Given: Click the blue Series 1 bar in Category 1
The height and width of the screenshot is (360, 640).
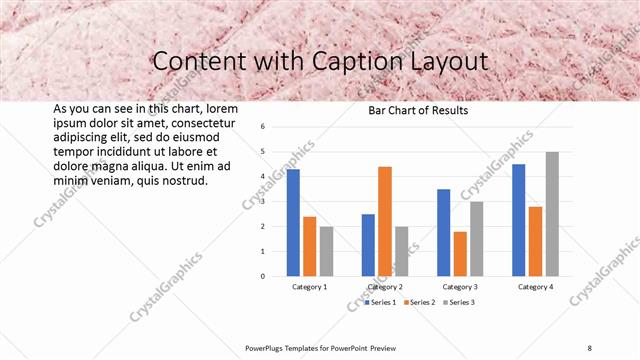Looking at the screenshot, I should [293, 222].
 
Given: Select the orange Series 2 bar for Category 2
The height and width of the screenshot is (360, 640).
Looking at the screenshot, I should [385, 221].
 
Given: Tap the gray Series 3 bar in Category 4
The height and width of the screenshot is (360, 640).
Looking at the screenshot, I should [552, 214].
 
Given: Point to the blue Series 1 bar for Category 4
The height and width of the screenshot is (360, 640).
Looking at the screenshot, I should [518, 220].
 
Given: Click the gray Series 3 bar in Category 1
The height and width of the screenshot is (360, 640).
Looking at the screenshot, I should [326, 251].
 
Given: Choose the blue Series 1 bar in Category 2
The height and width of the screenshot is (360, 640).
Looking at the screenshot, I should [368, 245].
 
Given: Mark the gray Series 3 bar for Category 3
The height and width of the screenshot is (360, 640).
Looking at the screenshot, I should [477, 238].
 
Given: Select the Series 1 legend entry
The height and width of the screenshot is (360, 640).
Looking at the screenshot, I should [380, 302].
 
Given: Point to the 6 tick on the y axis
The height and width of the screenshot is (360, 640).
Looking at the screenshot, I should [262, 127].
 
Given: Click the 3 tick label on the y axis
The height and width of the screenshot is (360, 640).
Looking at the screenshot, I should [262, 202].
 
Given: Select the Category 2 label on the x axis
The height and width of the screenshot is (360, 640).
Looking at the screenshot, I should [385, 287].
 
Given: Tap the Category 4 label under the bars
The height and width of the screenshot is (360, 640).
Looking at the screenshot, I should [535, 287].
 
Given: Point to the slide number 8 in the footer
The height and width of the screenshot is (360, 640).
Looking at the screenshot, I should [590, 347].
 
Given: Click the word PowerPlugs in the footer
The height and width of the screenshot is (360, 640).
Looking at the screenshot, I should [268, 347].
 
